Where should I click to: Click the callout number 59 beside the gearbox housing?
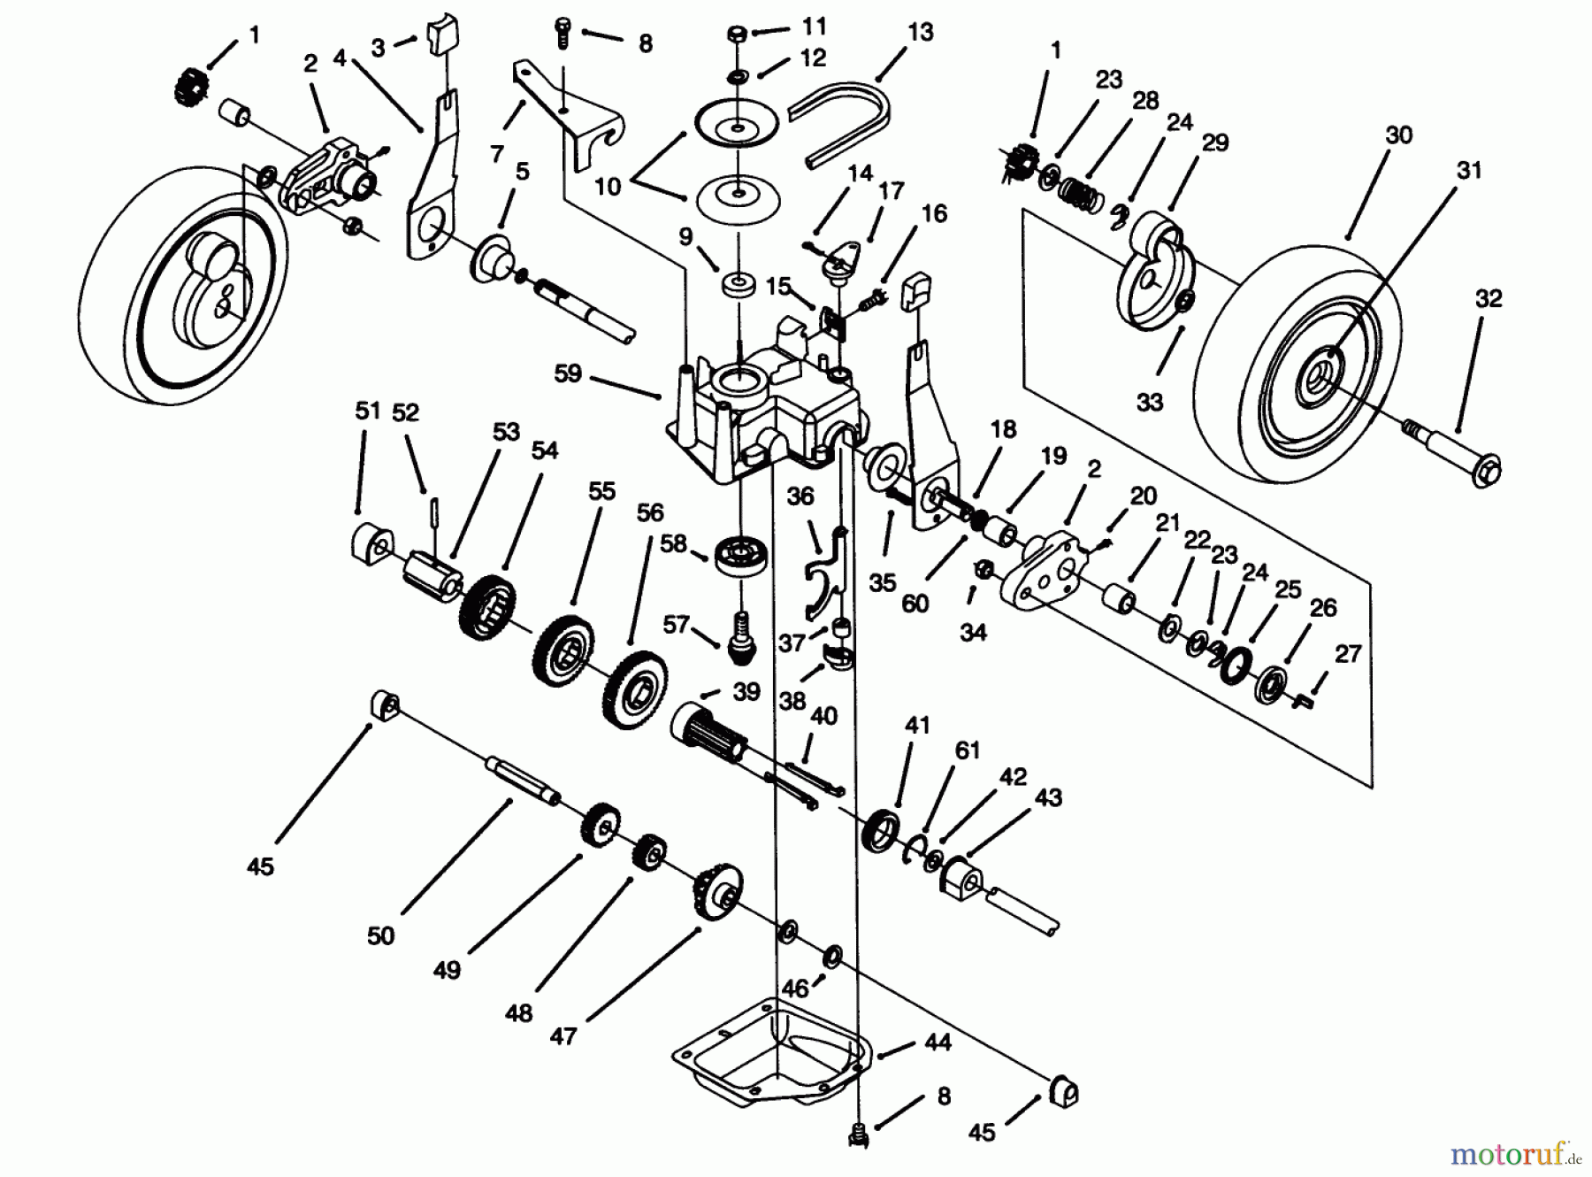pos(567,374)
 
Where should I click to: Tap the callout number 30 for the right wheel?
pos(1398,135)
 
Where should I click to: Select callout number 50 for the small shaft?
pos(380,935)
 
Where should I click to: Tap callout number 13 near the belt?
pos(920,33)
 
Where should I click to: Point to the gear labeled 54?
pos(488,610)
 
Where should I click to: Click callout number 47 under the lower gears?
pos(563,1035)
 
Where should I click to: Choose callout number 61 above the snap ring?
pos(968,750)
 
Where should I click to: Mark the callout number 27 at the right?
pos(1347,654)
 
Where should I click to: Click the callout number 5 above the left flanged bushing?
pos(522,172)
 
